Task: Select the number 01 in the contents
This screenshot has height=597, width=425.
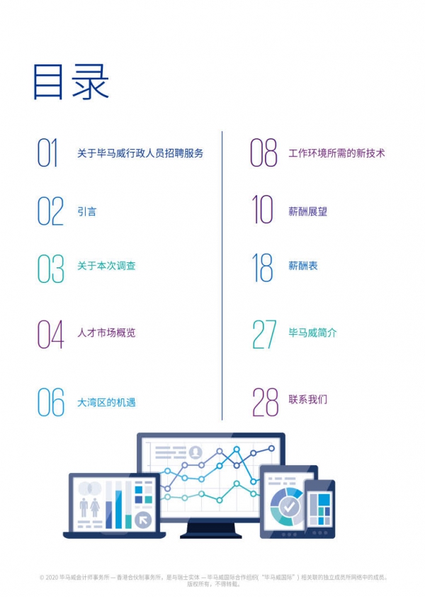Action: [47, 153]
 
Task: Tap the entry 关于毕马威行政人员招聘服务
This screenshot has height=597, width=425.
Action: [140, 153]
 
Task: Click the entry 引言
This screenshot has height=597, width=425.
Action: [86, 211]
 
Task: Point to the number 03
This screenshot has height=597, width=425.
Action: [50, 268]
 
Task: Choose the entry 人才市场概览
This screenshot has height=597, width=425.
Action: [106, 333]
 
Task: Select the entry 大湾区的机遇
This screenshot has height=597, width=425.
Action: [106, 403]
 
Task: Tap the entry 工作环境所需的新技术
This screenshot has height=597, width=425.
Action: [336, 153]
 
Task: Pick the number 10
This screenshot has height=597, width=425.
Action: [263, 211]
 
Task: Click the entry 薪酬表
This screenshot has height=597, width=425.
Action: [303, 266]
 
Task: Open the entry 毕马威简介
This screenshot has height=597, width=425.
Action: [312, 333]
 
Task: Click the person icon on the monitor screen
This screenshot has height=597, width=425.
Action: [195, 452]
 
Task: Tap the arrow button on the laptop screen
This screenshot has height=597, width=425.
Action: [144, 519]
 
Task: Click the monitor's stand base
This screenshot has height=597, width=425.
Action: [210, 534]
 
